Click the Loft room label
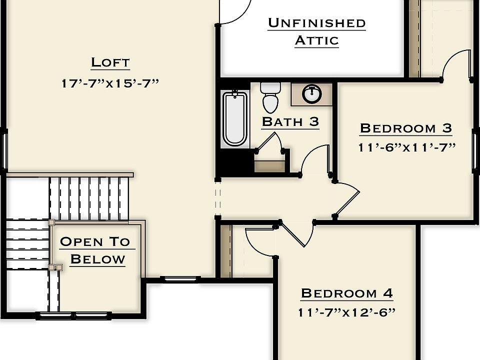tap(110, 62)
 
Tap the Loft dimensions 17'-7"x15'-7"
tap(110, 83)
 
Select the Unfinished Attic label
tap(316, 31)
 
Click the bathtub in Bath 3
tap(235, 118)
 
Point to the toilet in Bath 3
tap(270, 97)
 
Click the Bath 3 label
tap(290, 121)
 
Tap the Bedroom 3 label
tap(405, 128)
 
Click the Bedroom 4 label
tap(346, 293)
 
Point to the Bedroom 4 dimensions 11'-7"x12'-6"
tap(346, 312)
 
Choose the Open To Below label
tap(95, 250)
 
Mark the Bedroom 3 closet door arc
tap(456, 62)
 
